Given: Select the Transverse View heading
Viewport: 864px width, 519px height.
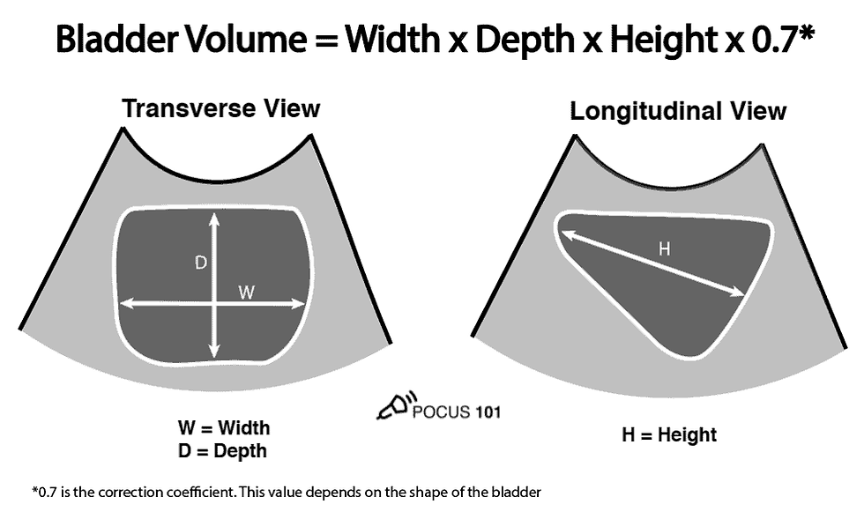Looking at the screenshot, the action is point(220,108).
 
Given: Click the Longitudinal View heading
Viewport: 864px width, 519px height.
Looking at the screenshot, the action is point(678,112).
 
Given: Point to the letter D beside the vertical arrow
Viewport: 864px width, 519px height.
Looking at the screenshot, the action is point(200,262).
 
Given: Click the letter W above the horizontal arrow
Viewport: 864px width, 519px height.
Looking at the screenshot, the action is point(246,292).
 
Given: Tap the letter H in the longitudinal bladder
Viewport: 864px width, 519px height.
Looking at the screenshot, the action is point(664,249).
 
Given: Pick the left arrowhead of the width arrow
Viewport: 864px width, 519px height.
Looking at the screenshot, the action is point(124,304).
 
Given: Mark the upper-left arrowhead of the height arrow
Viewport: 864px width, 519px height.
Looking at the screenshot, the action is point(564,233).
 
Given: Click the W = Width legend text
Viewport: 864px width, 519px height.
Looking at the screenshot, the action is point(224,429).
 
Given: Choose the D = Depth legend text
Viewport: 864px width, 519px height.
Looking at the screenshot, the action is point(222,451).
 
